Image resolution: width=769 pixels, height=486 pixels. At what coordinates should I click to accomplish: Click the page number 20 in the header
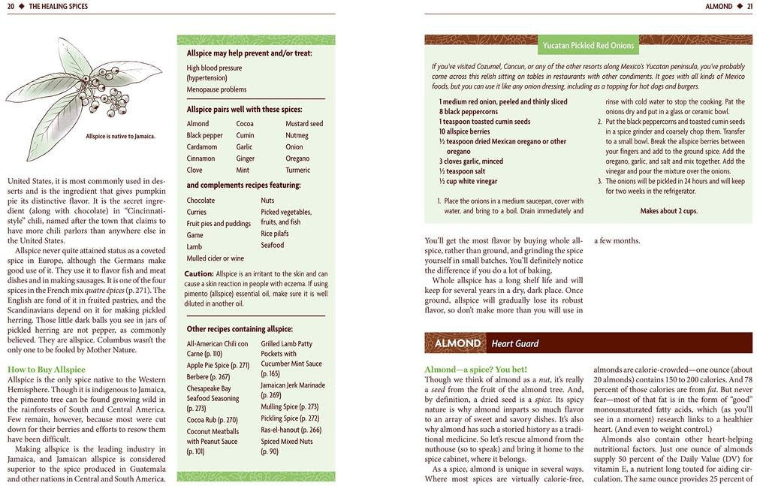coord(11,7)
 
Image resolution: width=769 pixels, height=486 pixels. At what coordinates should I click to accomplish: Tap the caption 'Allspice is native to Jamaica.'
coord(120,136)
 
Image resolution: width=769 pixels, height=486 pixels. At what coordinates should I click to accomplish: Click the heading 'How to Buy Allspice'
coord(47,370)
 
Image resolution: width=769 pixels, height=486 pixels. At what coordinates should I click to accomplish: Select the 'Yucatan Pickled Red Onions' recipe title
coord(588,45)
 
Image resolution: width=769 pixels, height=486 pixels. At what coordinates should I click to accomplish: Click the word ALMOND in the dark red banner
coord(457,343)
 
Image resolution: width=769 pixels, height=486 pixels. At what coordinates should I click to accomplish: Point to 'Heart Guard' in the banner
coord(515,344)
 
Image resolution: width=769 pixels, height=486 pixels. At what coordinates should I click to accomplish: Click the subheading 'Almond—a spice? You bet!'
coord(475,370)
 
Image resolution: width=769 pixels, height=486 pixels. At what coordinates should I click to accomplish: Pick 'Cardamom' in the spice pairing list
coord(202,147)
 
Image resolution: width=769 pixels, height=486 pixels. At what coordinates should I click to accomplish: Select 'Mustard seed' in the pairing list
coord(304,124)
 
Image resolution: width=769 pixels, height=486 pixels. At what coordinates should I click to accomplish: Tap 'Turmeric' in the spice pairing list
coord(298,171)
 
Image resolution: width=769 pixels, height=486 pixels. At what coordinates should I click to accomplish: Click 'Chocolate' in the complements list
coord(201,201)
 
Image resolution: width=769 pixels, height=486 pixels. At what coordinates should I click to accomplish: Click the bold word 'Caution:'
coord(199,274)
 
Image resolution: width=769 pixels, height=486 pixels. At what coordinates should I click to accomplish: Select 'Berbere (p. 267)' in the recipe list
coord(208,377)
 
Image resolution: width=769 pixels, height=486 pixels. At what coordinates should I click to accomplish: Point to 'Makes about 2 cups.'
coord(668,211)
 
